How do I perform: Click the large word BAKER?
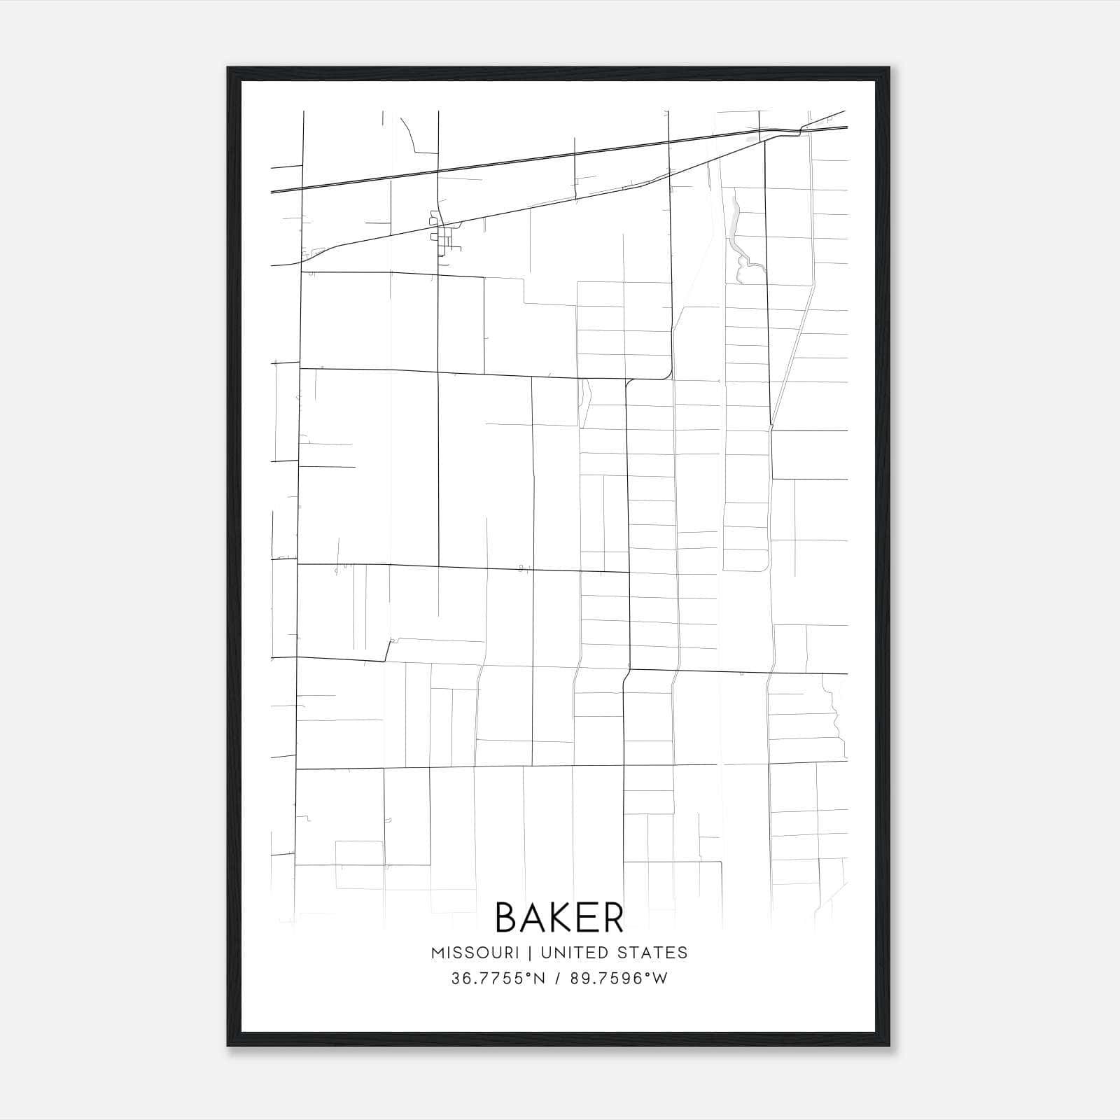[559, 917]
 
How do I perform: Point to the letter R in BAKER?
[612, 917]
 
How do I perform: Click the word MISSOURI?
[475, 953]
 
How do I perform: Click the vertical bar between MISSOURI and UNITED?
[529, 953]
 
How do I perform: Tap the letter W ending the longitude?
[661, 979]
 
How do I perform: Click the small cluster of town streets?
[442, 237]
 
